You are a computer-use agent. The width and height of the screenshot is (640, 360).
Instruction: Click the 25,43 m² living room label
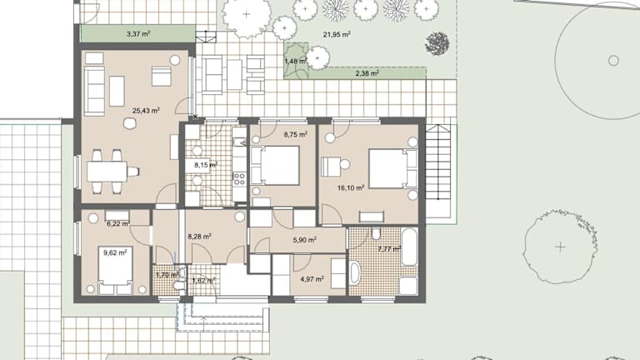tap(146, 110)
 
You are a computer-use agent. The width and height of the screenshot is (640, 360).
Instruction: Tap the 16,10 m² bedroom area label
tap(351, 187)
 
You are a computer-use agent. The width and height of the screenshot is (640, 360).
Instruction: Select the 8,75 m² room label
tap(296, 134)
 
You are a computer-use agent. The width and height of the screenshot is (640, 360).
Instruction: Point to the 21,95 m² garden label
tap(337, 35)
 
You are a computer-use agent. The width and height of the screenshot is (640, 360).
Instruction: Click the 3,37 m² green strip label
tap(138, 34)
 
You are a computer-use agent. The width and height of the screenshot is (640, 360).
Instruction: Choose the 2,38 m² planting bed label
tap(367, 73)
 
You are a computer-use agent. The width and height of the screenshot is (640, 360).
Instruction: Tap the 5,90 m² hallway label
tap(304, 240)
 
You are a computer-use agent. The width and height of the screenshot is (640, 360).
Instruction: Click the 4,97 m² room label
tap(312, 280)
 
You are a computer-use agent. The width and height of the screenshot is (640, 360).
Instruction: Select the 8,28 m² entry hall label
tap(199, 237)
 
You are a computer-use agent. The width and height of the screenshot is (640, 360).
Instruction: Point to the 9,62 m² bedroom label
tap(115, 252)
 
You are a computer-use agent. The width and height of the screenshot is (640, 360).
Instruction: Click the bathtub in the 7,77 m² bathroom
tap(409, 247)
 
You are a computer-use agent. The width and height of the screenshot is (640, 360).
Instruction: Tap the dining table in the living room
tap(107, 172)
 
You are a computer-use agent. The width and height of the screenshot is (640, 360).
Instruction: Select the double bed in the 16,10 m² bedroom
tap(393, 168)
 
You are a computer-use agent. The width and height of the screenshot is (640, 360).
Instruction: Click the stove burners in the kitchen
tap(239, 179)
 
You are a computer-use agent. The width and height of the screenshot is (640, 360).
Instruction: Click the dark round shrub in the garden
tap(437, 43)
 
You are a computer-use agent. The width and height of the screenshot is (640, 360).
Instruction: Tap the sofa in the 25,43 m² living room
tap(94, 91)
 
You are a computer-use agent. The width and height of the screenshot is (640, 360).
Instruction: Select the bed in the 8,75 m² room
tap(276, 166)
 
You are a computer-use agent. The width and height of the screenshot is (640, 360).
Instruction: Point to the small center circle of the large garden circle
tap(613, 61)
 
